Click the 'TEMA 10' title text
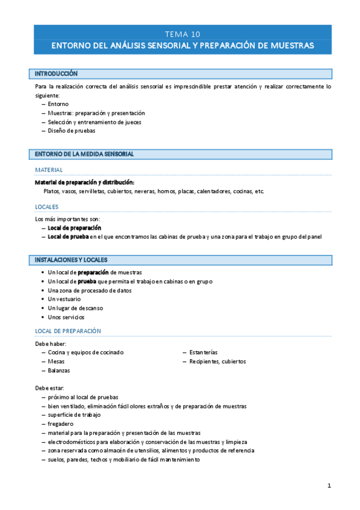click(183, 34)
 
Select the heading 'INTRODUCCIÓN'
click(56, 73)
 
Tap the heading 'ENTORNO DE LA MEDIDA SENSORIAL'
click(84, 154)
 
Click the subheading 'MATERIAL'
click(49, 170)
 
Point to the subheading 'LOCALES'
click(47, 207)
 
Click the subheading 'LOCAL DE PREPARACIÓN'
click(68, 331)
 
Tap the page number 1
click(329, 485)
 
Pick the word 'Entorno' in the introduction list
click(58, 104)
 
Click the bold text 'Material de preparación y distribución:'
click(85, 182)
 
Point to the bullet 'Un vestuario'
click(64, 299)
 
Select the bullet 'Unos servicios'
click(66, 317)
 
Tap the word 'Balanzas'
click(59, 370)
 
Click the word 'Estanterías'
click(203, 352)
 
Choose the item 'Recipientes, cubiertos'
click(218, 361)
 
